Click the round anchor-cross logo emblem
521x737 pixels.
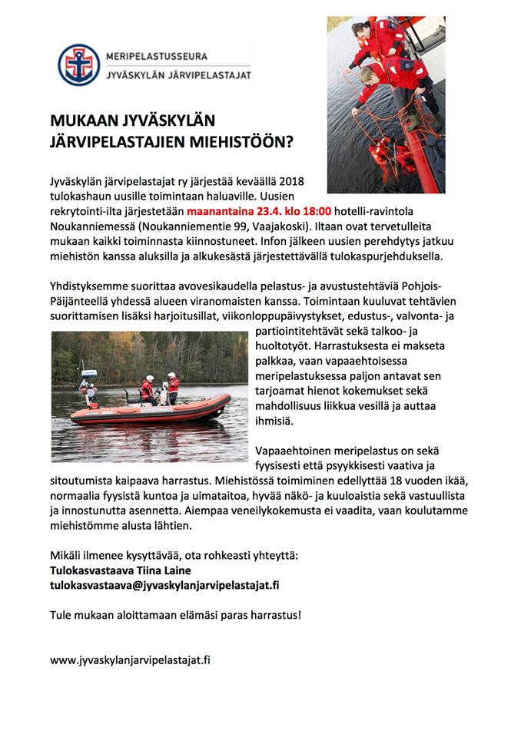point(79,65)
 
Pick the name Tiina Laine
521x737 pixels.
point(161,570)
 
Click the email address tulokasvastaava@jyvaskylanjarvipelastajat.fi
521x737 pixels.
point(164,584)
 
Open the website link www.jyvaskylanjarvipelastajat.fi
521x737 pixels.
point(130,659)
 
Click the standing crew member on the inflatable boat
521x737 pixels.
point(173,387)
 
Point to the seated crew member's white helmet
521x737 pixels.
point(149,378)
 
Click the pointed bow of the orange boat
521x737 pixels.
point(224,400)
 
